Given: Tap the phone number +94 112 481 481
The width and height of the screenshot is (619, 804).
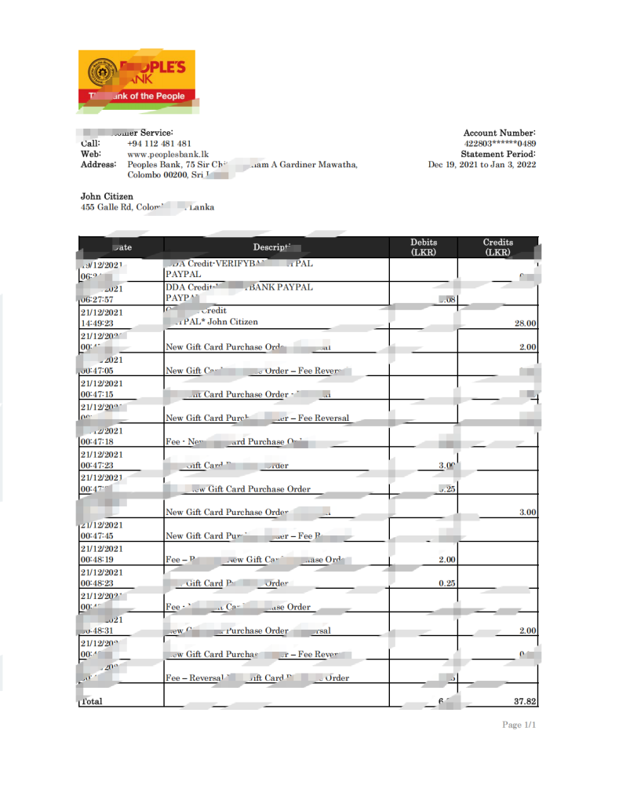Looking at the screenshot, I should pos(158,144).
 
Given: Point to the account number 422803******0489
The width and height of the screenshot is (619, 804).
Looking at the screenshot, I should pos(500,144).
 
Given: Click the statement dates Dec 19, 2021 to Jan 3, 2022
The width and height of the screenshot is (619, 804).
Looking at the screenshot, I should pos(482,164).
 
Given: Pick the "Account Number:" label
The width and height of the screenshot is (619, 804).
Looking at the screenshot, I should pos(499,133).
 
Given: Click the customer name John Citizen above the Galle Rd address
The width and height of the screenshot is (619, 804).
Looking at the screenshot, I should pos(107,196).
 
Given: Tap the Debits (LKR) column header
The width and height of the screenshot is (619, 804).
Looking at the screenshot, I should pos(424,247).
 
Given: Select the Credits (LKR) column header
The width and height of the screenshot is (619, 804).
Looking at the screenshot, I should pos(497,247).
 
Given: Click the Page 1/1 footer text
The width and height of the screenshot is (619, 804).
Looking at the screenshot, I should pos(519,725).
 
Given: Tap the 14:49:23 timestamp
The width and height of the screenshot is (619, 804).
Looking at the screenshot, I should pos(98,323).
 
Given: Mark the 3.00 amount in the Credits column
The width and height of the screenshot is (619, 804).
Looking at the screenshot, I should pos(527,512).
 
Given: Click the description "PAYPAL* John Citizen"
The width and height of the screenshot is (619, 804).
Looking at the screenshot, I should pos(212,323).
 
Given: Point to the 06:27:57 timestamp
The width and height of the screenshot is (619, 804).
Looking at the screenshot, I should pos(98,299).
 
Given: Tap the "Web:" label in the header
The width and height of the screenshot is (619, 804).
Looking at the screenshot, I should pos(91,154).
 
